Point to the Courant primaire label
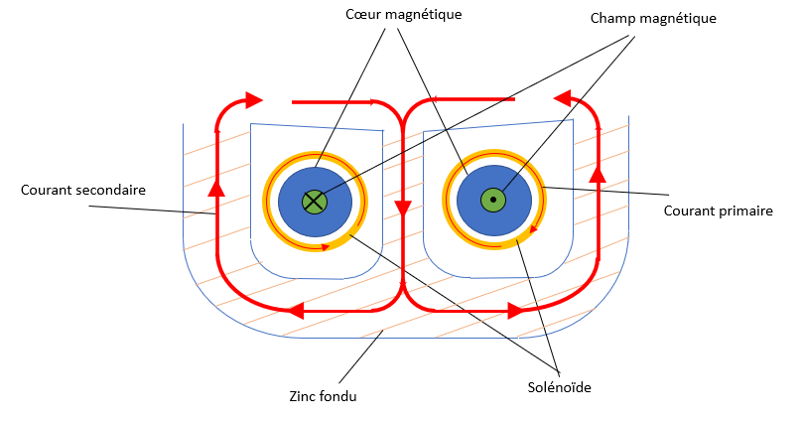click(718, 211)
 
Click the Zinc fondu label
click(324, 397)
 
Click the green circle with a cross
click(315, 201)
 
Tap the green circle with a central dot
click(492, 201)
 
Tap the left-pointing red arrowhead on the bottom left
click(293, 311)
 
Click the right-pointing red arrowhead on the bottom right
click(514, 311)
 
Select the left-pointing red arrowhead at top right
click(563, 98)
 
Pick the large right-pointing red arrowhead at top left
click(253, 99)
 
